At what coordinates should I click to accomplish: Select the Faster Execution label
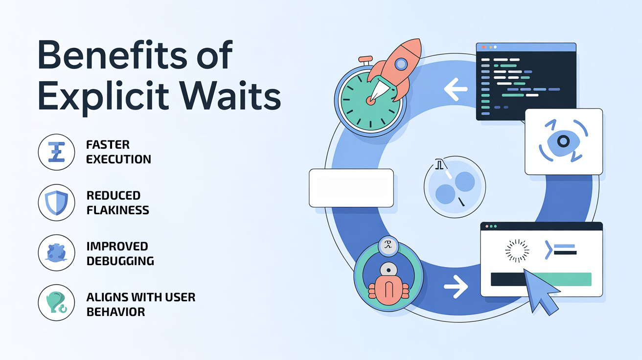point(118,152)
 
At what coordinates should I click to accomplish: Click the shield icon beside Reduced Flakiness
point(56,202)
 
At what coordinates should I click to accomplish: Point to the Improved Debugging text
point(120,253)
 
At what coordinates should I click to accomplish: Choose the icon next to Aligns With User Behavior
point(56,303)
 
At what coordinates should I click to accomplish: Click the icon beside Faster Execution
point(56,152)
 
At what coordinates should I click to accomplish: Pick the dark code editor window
point(526,81)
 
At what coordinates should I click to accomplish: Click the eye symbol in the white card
point(563,141)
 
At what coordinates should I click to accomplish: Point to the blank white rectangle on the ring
point(351,188)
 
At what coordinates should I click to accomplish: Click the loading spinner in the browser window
point(517,250)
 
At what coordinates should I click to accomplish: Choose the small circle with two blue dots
point(454,187)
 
